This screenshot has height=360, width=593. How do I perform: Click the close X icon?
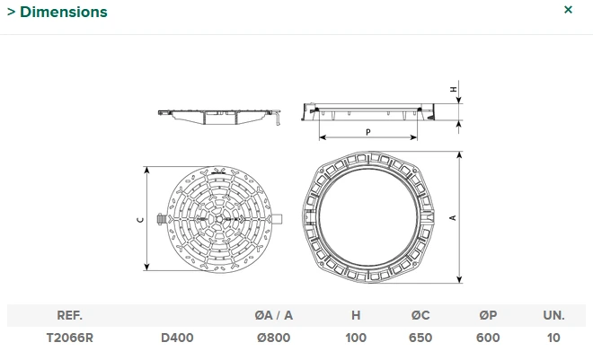[x=568, y=10]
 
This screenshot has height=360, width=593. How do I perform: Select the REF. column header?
[x=70, y=315]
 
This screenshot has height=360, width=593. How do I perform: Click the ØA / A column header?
[x=273, y=315]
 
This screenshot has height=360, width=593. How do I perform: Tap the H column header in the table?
[x=356, y=315]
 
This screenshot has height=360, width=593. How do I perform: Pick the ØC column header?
[x=420, y=315]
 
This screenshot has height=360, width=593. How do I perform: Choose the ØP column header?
[x=488, y=315]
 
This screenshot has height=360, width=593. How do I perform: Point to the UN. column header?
[x=553, y=315]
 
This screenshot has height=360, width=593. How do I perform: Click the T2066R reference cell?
[x=70, y=338]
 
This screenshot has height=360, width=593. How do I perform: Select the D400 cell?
[x=177, y=338]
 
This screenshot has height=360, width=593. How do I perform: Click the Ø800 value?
[x=273, y=338]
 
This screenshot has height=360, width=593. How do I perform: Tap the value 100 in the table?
[x=356, y=338]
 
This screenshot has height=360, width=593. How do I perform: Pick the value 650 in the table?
[x=420, y=338]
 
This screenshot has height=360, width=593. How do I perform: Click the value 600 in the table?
[x=488, y=338]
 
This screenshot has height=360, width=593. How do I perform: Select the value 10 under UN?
[x=553, y=338]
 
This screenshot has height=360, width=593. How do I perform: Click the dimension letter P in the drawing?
[x=368, y=132]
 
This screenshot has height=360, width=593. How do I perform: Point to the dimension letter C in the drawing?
[x=139, y=218]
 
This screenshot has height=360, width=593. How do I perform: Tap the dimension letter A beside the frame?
[x=453, y=217]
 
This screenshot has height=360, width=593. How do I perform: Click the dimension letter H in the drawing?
[x=453, y=90]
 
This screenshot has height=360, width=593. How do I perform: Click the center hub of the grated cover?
[x=219, y=218]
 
